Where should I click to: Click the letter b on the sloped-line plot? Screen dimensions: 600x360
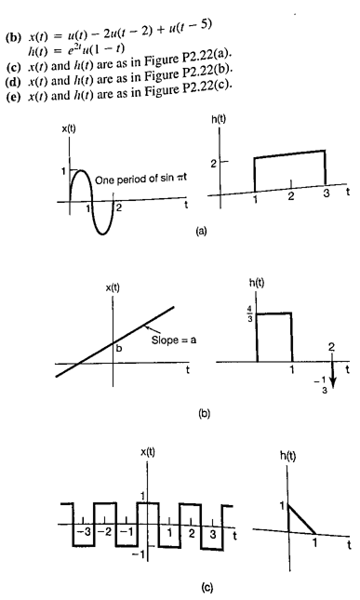coord(119,347)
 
